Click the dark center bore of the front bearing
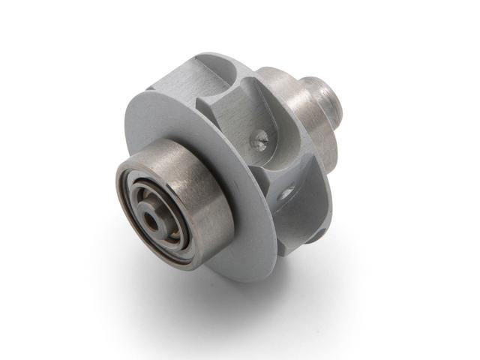(153, 217)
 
